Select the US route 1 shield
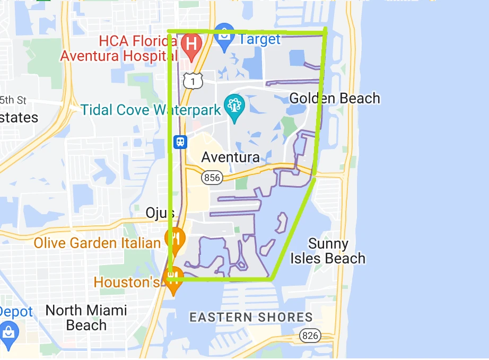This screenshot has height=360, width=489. coord(193,80)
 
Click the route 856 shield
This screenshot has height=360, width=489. coord(212,178)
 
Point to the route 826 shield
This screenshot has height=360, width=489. coord(309,335)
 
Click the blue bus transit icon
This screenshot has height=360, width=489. coord(180,142)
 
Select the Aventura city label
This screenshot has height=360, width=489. coord(230,157)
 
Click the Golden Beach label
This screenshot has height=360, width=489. coord(335,98)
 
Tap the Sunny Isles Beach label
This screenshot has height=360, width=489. coord(328,251)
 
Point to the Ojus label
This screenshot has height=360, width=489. coord(160,213)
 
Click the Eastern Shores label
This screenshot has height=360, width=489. coord(251,318)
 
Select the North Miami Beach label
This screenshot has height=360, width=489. coord(86,317)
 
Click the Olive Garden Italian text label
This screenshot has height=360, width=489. coord(97,243)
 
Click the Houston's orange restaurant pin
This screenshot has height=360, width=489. coord(173,281)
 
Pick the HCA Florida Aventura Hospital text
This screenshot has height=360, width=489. coord(121,48)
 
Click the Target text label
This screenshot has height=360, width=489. coord(259,39)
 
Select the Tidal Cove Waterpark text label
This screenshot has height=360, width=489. coord(151,110)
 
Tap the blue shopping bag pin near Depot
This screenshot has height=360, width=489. coord(9,331)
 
